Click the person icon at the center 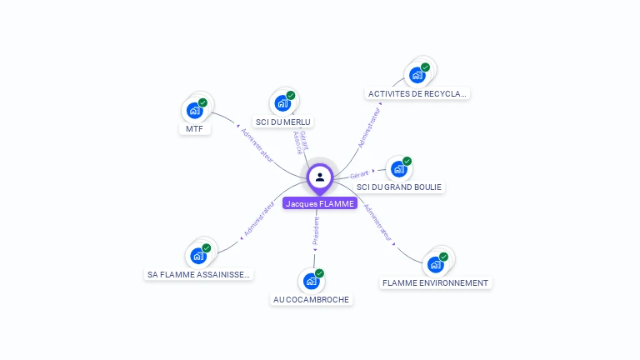320,177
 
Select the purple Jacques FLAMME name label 320,203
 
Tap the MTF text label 194,129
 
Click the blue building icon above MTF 195,110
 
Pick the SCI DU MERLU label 283,122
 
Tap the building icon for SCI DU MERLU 282,103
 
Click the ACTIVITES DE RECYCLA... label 418,94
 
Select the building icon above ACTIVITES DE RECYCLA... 417,75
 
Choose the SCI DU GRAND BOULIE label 399,187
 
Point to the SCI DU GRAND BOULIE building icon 399,169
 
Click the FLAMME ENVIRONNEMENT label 435,283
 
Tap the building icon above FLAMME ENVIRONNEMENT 435,265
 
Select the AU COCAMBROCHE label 312,300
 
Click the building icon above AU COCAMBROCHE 312,281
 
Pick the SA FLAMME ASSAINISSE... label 198,274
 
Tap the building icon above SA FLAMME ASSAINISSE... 198,255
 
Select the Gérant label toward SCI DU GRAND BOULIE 359,174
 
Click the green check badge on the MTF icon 202,102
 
